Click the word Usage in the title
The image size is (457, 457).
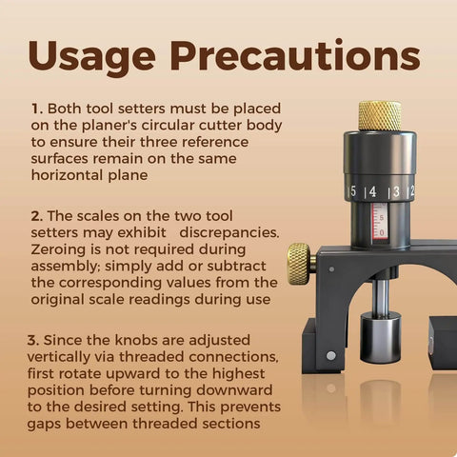(91, 56)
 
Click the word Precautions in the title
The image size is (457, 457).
(295, 55)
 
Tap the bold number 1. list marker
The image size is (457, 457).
(37, 109)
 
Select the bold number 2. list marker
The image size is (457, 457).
(37, 216)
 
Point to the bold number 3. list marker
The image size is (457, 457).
(33, 340)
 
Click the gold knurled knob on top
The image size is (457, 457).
(380, 116)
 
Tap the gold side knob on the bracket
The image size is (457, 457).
(299, 264)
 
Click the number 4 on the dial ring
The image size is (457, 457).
(372, 191)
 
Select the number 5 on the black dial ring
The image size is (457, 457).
(353, 191)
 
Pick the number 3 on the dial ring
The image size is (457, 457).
(396, 191)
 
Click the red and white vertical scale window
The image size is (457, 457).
(380, 223)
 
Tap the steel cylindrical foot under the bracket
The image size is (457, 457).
(381, 338)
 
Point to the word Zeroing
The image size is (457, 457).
(58, 249)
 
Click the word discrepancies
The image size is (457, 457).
(229, 232)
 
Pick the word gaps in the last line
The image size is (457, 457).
(44, 425)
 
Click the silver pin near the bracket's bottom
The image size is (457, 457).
(331, 356)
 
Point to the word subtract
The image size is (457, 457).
(236, 266)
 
